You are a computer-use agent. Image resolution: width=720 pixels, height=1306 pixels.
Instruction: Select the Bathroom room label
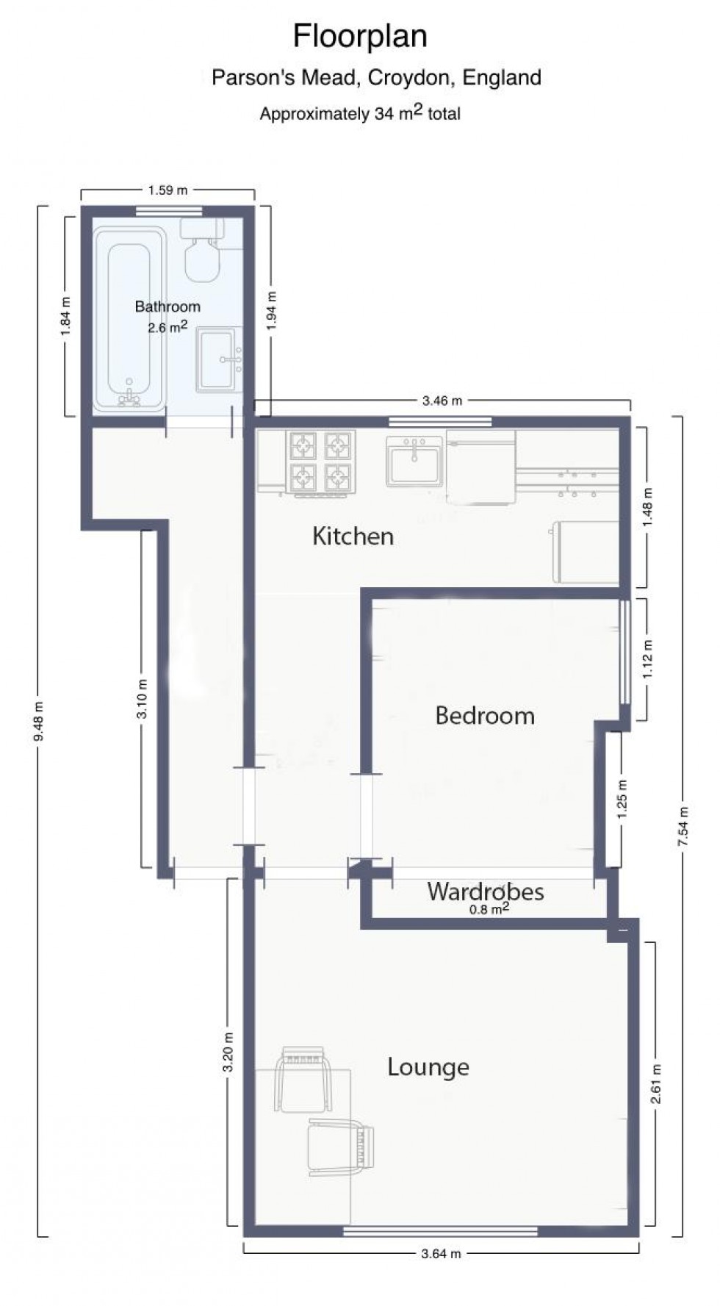pos(168,306)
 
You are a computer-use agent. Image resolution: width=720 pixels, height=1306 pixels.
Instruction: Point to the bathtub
pos(129,317)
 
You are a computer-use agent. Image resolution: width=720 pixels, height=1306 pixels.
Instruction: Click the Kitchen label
pos(353,536)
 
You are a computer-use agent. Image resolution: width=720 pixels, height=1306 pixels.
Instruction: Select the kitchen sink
pos(414,462)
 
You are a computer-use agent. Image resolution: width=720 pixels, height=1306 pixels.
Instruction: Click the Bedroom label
pos(485,715)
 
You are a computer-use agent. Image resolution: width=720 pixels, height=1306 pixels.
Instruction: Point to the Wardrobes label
pos(486,891)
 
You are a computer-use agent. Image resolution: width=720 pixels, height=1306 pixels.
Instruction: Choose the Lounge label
pos(428,1067)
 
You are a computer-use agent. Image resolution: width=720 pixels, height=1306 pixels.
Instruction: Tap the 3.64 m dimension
pos(441,1254)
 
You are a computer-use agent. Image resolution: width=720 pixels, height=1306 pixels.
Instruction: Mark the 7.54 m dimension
pos(683,826)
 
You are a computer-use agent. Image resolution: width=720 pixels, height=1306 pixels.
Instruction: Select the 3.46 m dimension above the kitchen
pos(442,401)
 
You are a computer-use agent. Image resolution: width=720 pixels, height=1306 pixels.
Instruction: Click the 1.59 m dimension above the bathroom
pos(168,190)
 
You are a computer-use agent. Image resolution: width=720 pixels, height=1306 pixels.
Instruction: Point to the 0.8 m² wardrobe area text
pos(490,909)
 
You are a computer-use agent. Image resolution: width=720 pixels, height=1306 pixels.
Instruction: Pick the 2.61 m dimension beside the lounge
pos(655,1084)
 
